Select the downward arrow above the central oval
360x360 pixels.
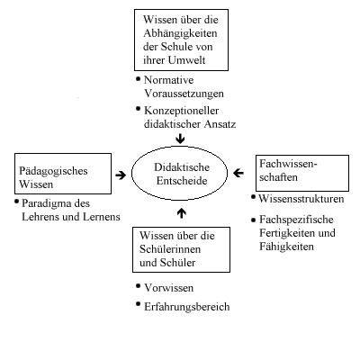(x=180, y=139)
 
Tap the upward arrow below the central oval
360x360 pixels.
(x=182, y=213)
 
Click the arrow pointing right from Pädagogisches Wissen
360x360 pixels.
(x=121, y=175)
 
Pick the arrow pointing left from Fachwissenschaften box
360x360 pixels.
(x=238, y=173)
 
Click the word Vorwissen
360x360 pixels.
(x=169, y=288)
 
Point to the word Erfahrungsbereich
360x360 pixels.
(x=187, y=307)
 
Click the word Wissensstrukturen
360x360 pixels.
(x=301, y=199)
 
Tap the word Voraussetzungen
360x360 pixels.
(x=184, y=94)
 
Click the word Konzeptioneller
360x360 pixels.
(x=182, y=111)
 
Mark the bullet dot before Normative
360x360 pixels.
(x=138, y=79)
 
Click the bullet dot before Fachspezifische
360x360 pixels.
(x=253, y=220)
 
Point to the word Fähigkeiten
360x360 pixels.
(x=286, y=247)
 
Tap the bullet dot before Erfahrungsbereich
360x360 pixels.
(x=138, y=304)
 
